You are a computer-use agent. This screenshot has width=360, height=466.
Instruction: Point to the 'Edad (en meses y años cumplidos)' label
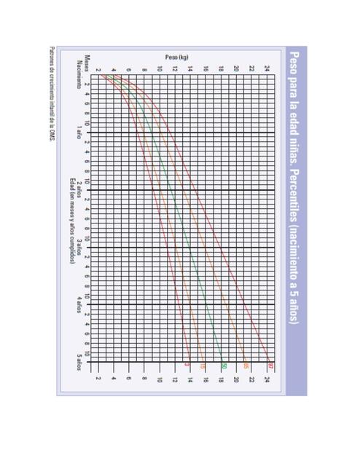click(x=72, y=226)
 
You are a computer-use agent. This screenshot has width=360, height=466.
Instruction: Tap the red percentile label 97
click(x=270, y=365)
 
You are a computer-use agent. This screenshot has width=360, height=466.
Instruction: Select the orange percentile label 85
click(x=246, y=365)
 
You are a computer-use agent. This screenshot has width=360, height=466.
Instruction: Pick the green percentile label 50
click(x=224, y=365)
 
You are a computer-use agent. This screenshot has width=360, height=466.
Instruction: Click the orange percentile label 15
click(x=203, y=365)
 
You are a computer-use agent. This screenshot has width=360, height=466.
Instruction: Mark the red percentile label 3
click(x=187, y=365)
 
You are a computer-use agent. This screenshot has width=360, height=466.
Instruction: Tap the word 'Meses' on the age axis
click(x=86, y=63)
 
